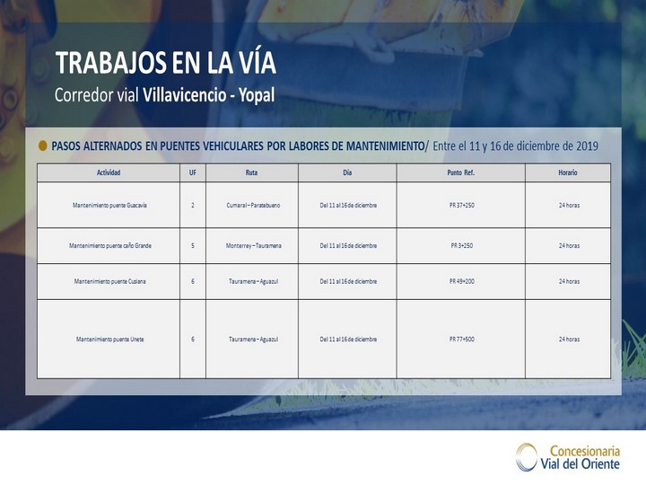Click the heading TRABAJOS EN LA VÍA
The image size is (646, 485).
coord(166,63)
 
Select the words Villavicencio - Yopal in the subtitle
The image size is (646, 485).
coord(208,95)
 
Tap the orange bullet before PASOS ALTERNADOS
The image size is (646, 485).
coord(42,145)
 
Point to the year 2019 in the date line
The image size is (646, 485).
coord(587,146)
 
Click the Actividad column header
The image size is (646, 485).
coord(109,172)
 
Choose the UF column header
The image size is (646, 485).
coord(192,172)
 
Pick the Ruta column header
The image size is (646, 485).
coord(251,172)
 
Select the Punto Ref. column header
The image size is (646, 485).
coord(460,172)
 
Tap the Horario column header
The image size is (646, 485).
coord(568,172)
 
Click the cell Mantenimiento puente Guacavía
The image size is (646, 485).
coord(109,205)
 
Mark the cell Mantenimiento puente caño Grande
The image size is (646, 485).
coord(110,245)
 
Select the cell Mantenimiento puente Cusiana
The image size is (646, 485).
coord(109,281)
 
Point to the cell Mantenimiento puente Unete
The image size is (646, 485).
coord(109,339)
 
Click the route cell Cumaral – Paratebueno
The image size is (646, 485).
coord(253,205)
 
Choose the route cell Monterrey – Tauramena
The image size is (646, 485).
coord(253,245)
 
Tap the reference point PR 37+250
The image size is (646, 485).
coord(461,205)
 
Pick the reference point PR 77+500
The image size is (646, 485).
coord(461,339)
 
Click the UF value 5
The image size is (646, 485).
coord(192,245)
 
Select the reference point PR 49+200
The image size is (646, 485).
coord(461,281)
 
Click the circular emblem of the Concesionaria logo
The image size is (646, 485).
coord(526,456)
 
